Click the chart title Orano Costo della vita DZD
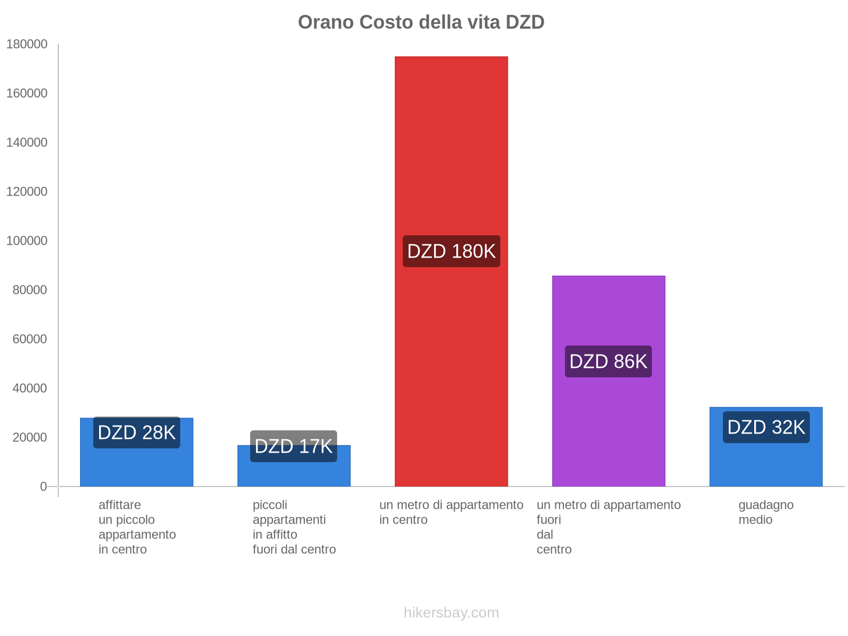(421, 22)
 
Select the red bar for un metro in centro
(451, 159)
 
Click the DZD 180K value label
(451, 251)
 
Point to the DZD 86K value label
(608, 361)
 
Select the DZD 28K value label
(137, 432)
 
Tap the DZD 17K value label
(294, 446)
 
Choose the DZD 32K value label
(766, 427)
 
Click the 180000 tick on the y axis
(27, 44)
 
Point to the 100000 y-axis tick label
(27, 241)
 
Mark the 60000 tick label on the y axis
(30, 339)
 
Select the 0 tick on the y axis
(43, 487)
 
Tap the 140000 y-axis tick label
(27, 143)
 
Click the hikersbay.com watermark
(451, 613)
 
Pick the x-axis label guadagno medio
(766, 512)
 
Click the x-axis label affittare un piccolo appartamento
(137, 527)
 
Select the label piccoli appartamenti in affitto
(294, 527)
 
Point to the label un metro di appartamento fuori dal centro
(608, 527)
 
